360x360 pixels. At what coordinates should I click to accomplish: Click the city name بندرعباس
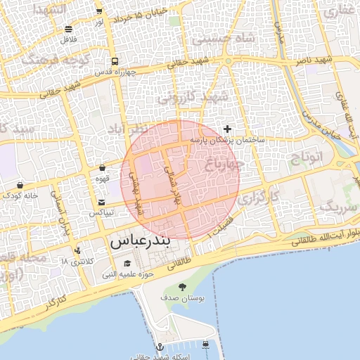pyautogui.click(x=140, y=242)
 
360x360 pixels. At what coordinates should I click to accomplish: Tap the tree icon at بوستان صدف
pyautogui.click(x=183, y=286)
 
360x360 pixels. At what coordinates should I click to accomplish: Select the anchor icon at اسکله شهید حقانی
pyautogui.click(x=160, y=347)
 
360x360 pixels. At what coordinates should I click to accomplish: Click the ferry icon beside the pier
pyautogui.click(x=205, y=344)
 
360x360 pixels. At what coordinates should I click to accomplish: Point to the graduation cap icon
pyautogui.click(x=127, y=263)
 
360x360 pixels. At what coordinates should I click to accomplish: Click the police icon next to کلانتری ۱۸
pyautogui.click(x=77, y=250)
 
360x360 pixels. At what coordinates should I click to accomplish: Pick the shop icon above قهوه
pyautogui.click(x=103, y=169)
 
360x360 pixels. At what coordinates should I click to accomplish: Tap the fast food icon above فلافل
pyautogui.click(x=68, y=30)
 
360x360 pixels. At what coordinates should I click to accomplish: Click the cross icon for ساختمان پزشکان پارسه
pyautogui.click(x=227, y=129)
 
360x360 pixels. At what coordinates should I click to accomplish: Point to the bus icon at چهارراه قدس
pyautogui.click(x=113, y=61)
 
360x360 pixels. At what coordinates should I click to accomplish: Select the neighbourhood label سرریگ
pyautogui.click(x=335, y=207)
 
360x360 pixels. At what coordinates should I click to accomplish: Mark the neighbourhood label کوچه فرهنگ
pyautogui.click(x=53, y=58)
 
